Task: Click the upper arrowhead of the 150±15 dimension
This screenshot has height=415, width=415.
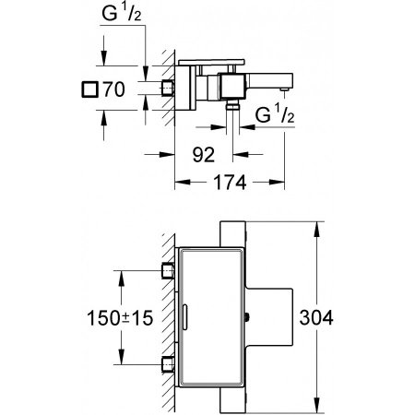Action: [x=120, y=273]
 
